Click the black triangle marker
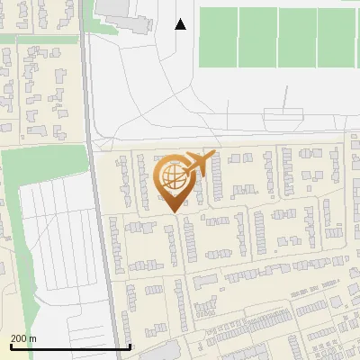point(181,24)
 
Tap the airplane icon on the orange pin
point(198,164)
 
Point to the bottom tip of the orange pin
point(172,212)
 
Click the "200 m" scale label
point(23,338)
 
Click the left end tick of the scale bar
point(10,345)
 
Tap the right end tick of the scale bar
point(130,345)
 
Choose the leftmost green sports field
point(218,38)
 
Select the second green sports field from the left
point(258,38)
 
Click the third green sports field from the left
point(298,38)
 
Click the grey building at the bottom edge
point(154,352)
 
